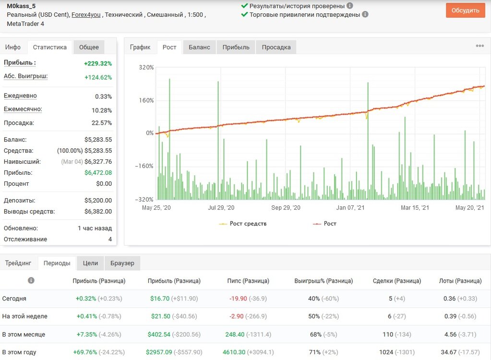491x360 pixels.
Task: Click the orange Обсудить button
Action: click(466, 11)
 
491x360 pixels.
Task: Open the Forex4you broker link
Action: click(86, 15)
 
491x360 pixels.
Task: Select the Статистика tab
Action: click(50, 47)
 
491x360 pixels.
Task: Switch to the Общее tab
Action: click(89, 47)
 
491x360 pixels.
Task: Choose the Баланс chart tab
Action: click(199, 47)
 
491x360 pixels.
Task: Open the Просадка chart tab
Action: click(276, 47)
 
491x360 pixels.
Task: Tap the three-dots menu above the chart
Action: click(480, 46)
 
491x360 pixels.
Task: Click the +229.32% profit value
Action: click(98, 63)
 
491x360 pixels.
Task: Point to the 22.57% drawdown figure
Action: click(101, 123)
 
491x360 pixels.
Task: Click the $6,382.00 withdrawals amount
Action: click(98, 211)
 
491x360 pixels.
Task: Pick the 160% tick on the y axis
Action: click(146, 100)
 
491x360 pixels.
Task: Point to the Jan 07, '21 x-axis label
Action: click(350, 207)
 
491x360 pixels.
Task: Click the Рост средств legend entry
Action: click(243, 224)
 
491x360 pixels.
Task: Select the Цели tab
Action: click(91, 263)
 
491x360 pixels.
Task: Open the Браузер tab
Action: click(122, 263)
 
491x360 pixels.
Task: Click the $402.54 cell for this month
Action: click(159, 335)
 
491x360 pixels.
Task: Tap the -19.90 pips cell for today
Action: click(238, 299)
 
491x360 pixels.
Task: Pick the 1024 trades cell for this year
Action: click(386, 352)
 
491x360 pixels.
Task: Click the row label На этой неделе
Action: click(25, 316)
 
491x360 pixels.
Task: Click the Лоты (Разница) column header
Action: click(460, 281)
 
